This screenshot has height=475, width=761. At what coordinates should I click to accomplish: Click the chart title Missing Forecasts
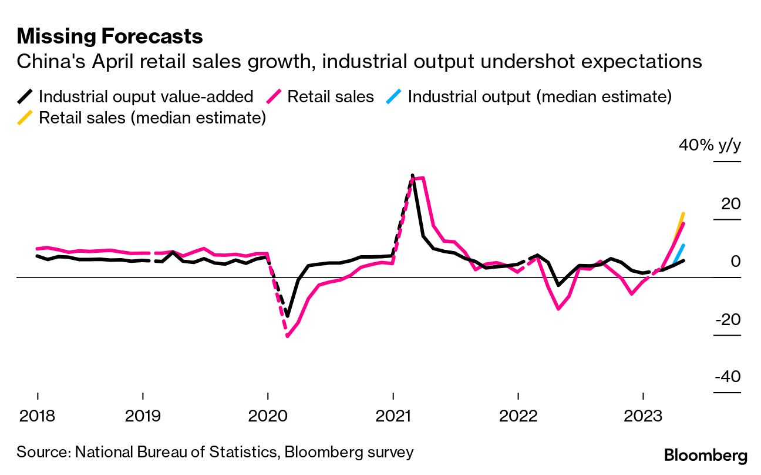(x=110, y=36)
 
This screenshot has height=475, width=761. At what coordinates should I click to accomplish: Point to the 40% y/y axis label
(x=710, y=145)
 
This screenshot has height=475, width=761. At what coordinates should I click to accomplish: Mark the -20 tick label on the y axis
(x=727, y=320)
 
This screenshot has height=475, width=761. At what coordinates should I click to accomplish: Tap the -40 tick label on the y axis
(x=727, y=377)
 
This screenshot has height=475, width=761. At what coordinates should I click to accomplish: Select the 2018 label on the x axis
(x=37, y=416)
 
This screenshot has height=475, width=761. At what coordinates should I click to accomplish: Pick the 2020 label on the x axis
(x=268, y=416)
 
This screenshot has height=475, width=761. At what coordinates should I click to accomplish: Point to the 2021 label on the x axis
(x=393, y=416)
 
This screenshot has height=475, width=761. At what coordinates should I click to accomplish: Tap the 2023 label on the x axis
(x=644, y=416)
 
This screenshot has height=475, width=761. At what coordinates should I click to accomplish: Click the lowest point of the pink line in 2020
(x=287, y=336)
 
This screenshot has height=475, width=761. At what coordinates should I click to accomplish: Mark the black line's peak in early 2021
(x=413, y=175)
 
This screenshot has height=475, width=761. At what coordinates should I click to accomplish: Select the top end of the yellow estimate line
(x=683, y=213)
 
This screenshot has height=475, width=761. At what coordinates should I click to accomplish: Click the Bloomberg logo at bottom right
(x=705, y=456)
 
